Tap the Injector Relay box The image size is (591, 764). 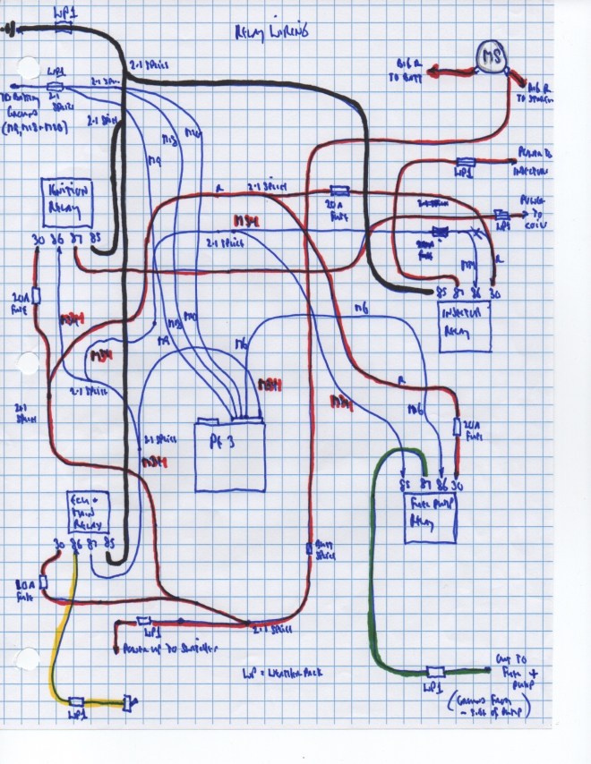[463, 325]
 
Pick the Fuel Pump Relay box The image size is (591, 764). [427, 514]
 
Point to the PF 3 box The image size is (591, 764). [230, 454]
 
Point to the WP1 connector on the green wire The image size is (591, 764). [436, 672]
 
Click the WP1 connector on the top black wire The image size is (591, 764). [64, 28]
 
